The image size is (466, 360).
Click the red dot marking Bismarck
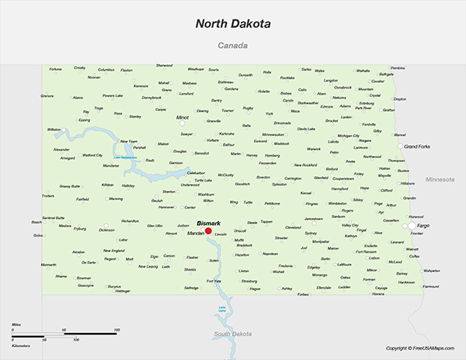click(x=208, y=230)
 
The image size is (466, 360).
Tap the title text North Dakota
click(x=233, y=24)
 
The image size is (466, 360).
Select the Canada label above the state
click(x=233, y=46)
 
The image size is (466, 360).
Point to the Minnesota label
click(x=440, y=179)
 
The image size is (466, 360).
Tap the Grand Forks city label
click(x=418, y=146)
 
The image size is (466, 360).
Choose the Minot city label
click(x=183, y=117)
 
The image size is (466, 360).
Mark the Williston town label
click(x=54, y=129)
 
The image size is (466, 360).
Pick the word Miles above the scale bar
click(x=16, y=324)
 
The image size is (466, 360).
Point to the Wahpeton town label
click(x=431, y=271)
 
